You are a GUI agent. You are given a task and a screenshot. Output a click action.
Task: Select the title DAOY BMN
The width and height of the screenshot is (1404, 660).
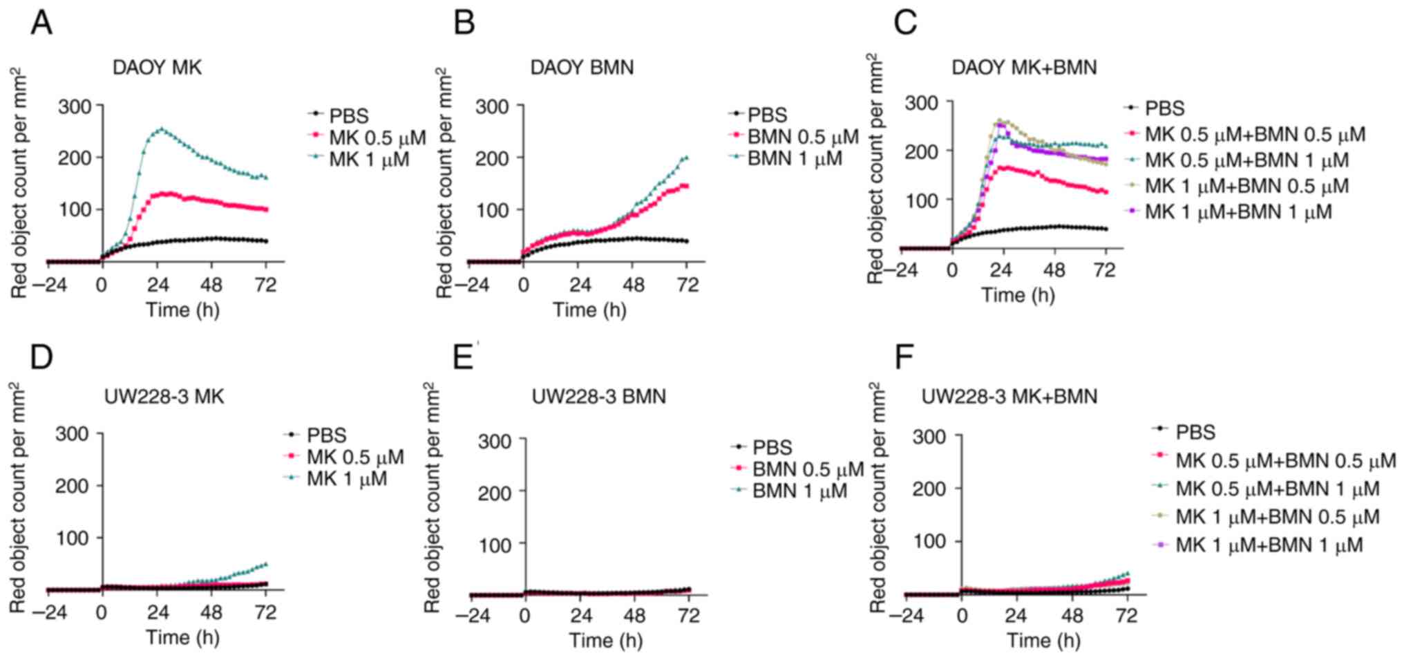click(582, 68)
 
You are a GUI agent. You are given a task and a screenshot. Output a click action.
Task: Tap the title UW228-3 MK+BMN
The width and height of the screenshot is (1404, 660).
click(1009, 397)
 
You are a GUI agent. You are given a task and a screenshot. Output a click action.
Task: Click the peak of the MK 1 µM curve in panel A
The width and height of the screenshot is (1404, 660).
click(162, 129)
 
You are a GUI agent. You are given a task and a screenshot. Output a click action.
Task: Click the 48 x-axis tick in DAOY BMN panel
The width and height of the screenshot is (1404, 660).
click(634, 285)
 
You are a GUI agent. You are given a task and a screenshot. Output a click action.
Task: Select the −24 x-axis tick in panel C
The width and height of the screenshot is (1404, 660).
click(902, 270)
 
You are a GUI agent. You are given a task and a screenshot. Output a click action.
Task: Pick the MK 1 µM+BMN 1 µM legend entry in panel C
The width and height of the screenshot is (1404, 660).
click(1237, 211)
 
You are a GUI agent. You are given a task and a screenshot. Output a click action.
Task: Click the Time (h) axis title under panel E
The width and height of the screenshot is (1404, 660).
click(606, 640)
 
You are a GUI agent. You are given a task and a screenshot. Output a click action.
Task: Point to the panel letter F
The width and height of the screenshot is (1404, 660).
click(904, 357)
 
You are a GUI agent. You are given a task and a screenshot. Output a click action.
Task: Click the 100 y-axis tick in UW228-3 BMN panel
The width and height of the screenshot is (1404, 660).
click(495, 545)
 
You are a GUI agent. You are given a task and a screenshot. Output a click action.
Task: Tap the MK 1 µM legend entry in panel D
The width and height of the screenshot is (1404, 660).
click(346, 479)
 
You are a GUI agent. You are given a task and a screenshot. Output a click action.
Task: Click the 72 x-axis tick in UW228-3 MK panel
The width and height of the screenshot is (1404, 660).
click(266, 612)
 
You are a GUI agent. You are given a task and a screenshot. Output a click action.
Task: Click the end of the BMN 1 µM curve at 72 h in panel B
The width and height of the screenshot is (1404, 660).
click(686, 158)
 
